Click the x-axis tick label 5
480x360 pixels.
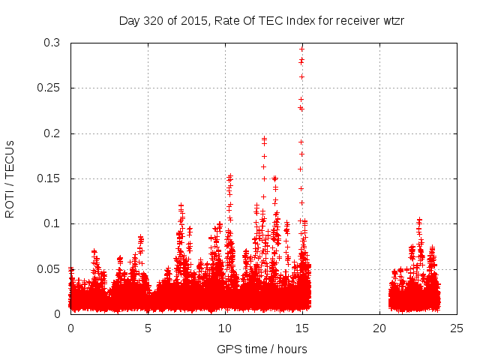[x=148, y=328]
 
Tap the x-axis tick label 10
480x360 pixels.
[x=225, y=328]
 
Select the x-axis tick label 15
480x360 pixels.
[x=302, y=328]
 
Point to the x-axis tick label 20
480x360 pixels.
[x=379, y=328]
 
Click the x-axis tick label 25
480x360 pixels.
[x=457, y=328]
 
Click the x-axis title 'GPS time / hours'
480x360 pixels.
[x=262, y=349]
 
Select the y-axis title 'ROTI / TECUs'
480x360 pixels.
[x=10, y=178]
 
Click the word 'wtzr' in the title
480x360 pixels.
[x=393, y=20]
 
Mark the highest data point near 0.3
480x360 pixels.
[x=301, y=49]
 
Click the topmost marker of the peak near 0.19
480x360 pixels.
[x=264, y=139]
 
